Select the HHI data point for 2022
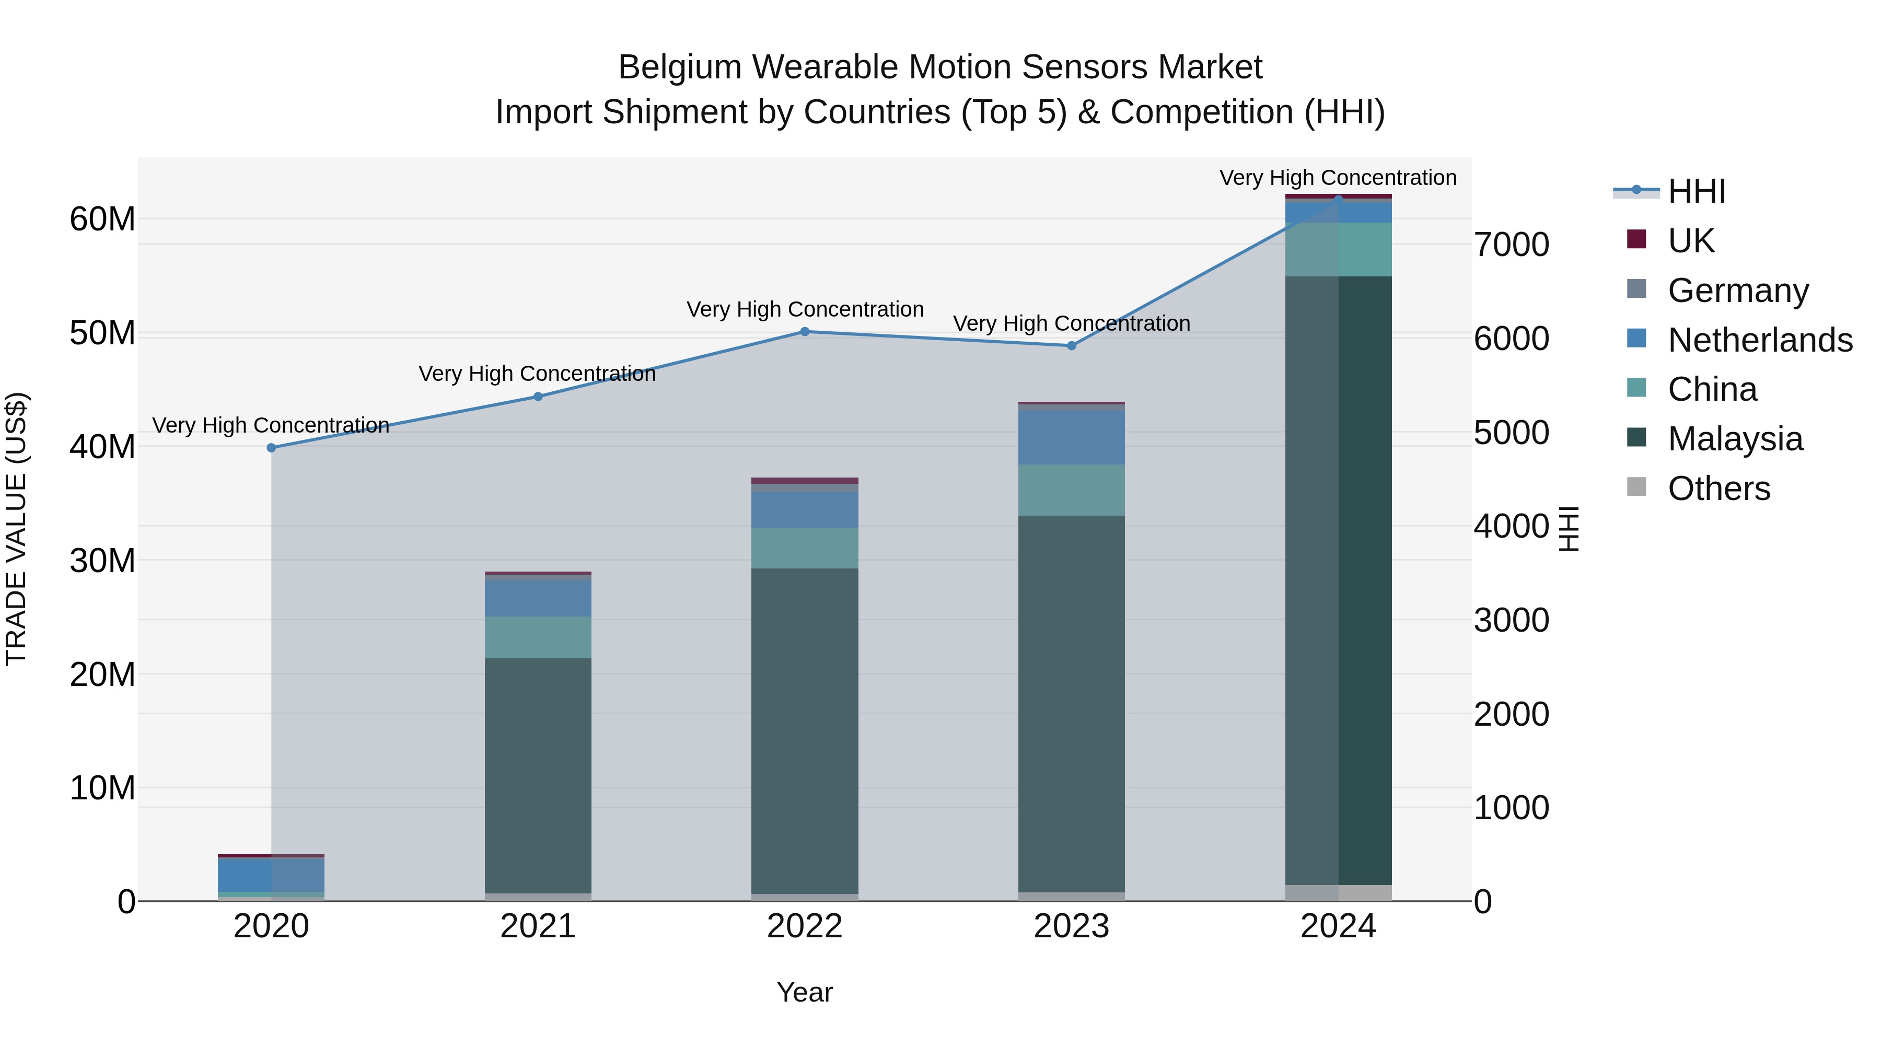pos(805,331)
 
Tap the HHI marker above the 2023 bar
pos(1071,345)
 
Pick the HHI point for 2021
pos(538,397)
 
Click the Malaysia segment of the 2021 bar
pos(538,774)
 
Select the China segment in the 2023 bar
pos(1071,490)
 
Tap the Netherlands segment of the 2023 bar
pos(1071,437)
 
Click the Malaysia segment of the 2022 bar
pos(805,730)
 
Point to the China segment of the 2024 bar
pos(1339,249)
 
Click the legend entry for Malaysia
pos(1735,439)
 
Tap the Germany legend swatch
pos(1636,289)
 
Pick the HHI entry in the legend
pos(1696,191)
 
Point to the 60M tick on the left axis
pos(102,219)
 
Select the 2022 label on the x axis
pos(805,926)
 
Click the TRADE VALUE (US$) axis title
pos(16,529)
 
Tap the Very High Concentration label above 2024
pos(1338,178)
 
